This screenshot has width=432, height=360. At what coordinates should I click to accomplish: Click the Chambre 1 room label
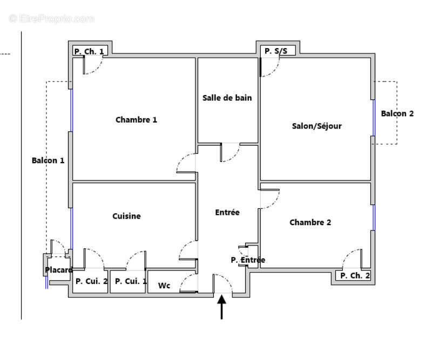coord(136,120)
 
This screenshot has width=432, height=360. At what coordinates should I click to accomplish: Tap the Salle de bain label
coord(227,98)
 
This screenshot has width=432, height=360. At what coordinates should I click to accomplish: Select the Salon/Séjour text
coord(316,126)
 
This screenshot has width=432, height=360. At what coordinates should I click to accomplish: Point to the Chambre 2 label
coord(310,222)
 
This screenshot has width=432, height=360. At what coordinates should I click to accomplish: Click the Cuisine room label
coord(126,216)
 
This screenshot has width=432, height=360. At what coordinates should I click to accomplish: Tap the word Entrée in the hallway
coord(227,213)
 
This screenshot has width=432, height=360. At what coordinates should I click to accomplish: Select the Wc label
coord(164,286)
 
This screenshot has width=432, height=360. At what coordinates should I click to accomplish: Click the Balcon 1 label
coord(48,160)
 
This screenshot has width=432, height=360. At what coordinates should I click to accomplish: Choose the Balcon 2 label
coord(397,113)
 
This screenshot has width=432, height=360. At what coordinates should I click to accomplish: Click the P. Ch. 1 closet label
coord(90,52)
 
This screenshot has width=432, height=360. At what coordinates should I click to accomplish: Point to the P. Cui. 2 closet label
coord(91,281)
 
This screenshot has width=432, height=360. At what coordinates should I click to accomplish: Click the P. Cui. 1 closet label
coord(131,281)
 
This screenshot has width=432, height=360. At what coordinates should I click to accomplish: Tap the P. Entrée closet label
coord(248,260)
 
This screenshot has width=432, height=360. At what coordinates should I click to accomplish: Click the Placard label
coord(58,270)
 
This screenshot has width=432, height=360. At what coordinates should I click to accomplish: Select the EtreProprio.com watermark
coord(51,18)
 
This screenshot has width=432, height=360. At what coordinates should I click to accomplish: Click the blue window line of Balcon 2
coord(373,118)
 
